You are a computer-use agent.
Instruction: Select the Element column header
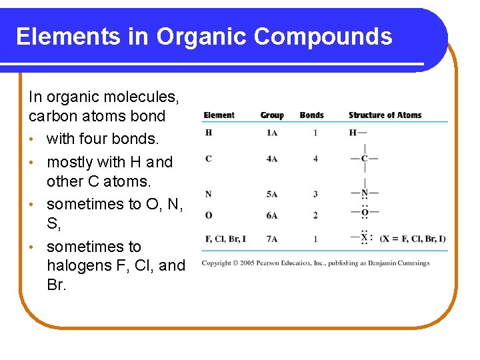click(x=219, y=115)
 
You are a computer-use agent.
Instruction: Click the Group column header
click(x=272, y=115)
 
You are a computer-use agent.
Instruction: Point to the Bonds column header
click(x=311, y=115)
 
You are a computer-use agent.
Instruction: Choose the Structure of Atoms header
click(x=385, y=115)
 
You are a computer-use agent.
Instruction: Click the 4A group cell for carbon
click(x=272, y=159)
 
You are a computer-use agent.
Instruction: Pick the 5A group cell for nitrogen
click(x=272, y=194)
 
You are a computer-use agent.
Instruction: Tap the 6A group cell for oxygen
click(x=272, y=215)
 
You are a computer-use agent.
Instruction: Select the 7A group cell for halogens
click(x=272, y=239)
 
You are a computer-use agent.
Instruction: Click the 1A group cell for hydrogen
click(x=272, y=133)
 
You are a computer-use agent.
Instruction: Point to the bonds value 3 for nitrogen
click(x=315, y=194)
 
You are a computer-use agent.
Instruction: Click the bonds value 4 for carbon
click(x=315, y=159)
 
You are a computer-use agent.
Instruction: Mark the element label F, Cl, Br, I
click(x=225, y=239)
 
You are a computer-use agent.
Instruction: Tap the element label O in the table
click(x=209, y=215)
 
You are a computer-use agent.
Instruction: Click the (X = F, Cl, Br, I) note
click(x=413, y=239)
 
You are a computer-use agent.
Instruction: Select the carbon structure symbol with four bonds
click(x=364, y=159)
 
